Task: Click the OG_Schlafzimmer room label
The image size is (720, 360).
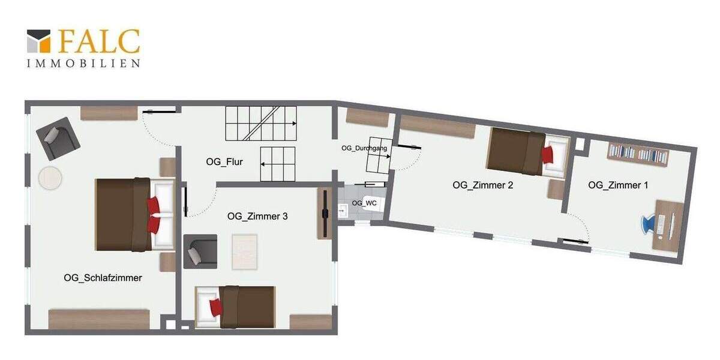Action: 103,278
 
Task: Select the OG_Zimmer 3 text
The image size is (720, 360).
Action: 257,216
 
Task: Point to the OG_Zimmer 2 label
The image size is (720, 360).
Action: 482,185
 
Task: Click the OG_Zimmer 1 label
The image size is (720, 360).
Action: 618,185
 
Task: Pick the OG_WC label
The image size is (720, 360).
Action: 364,203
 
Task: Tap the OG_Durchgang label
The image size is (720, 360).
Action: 364,148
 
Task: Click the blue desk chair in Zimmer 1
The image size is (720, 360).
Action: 649,224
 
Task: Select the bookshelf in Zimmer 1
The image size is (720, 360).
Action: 637,153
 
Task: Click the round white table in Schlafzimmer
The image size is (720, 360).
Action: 50,178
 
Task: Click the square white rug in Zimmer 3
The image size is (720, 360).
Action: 245,251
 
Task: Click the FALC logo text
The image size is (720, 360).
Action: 99,41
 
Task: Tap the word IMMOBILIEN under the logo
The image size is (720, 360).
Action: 83,63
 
